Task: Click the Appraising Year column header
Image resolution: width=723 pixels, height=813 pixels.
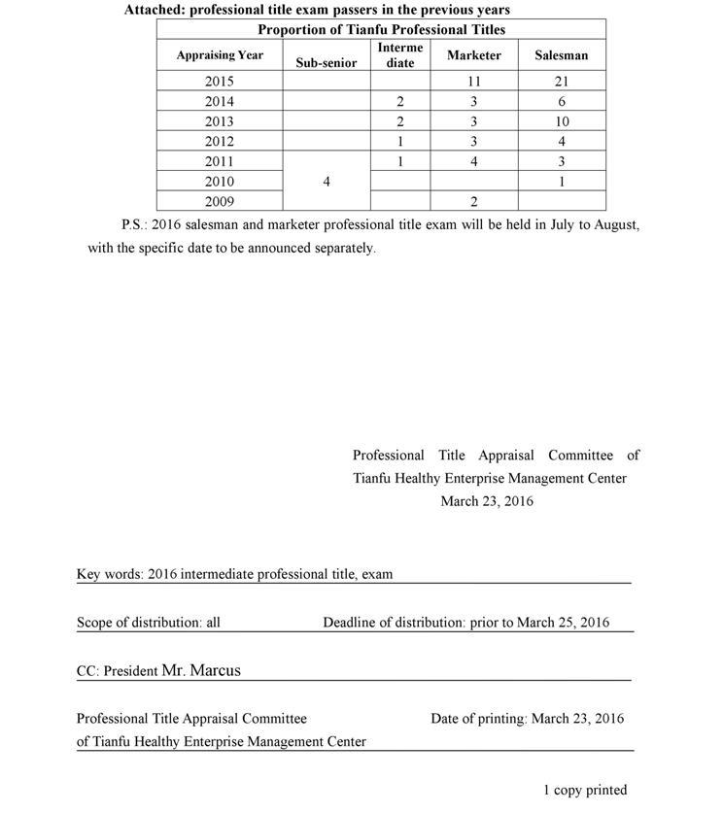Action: (220, 55)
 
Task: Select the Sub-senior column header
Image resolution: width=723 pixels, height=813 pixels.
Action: (327, 63)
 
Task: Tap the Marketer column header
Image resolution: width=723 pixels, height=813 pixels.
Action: (474, 55)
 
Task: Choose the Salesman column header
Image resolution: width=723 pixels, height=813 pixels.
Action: (562, 55)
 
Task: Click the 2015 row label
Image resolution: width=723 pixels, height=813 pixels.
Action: (220, 82)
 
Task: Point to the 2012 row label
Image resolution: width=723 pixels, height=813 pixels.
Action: (220, 142)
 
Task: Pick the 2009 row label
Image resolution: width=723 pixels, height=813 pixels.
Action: (220, 202)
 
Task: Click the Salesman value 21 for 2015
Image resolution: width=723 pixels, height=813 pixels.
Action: (562, 82)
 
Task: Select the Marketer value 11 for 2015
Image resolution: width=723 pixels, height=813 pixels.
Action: (474, 82)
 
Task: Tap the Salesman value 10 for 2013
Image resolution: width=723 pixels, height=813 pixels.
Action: (562, 121)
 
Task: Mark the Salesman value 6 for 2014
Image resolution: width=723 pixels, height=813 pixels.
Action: (562, 102)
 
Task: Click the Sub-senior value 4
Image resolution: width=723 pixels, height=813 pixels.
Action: (327, 182)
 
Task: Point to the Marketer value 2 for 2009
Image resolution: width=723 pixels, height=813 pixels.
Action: (473, 202)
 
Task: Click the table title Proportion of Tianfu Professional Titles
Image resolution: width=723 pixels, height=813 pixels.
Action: (381, 29)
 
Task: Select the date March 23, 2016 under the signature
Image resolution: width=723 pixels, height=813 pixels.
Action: (487, 501)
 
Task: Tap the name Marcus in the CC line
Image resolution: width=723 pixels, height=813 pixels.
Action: (215, 670)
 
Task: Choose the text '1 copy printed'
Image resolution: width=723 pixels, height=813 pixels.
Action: (585, 790)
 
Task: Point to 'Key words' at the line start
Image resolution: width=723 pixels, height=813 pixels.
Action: (109, 574)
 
